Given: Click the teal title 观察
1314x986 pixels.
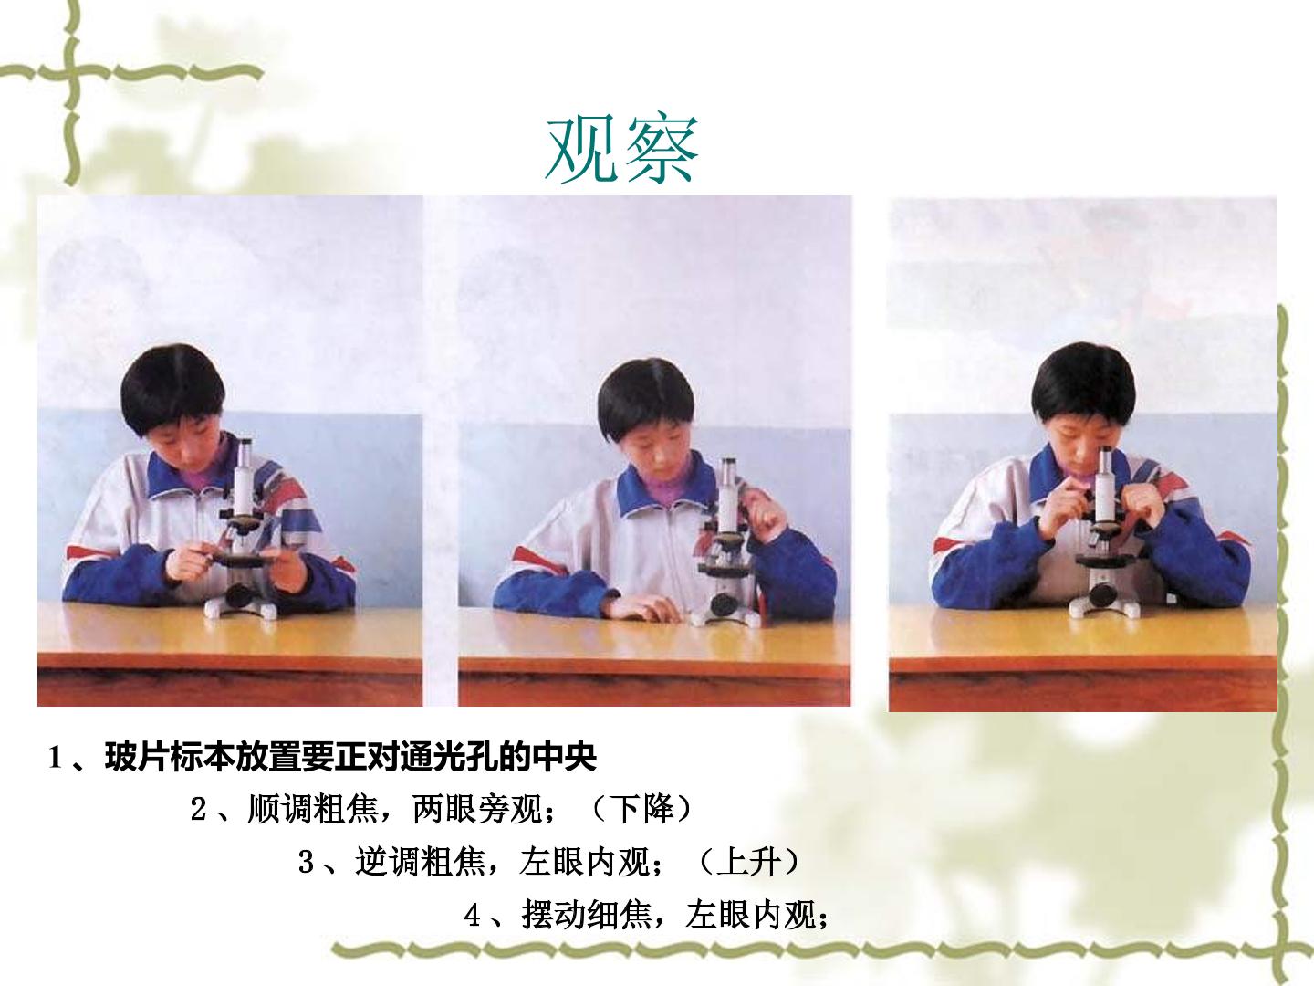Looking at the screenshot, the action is tap(622, 149).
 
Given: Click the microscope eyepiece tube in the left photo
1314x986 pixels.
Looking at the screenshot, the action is tap(244, 476).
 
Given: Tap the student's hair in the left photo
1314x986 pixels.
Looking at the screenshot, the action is tap(172, 386).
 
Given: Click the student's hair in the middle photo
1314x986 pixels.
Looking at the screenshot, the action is tap(646, 397).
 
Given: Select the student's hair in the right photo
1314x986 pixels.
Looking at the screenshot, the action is tap(1083, 383).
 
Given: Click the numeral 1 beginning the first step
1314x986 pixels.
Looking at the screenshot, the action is tap(55, 758).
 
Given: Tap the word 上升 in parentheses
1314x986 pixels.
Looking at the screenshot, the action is tap(749, 862).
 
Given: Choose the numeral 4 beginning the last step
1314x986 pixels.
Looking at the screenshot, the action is tap(473, 916).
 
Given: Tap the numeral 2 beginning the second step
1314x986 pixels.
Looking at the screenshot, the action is tap(199, 810).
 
